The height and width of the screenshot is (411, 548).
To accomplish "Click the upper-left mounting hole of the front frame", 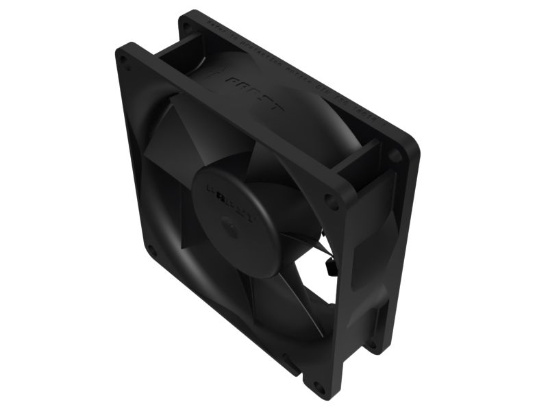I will pos(125,60).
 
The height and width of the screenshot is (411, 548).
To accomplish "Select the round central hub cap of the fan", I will pos(236,209).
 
